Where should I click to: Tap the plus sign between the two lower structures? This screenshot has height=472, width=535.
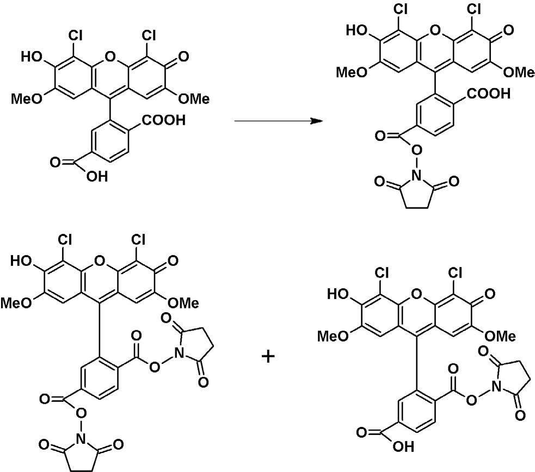269,357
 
